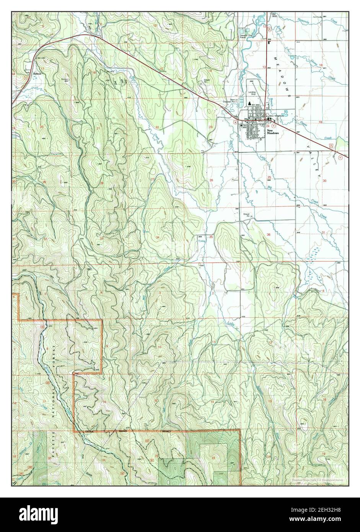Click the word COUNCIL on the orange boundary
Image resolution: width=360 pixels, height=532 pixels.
tap(90, 431)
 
